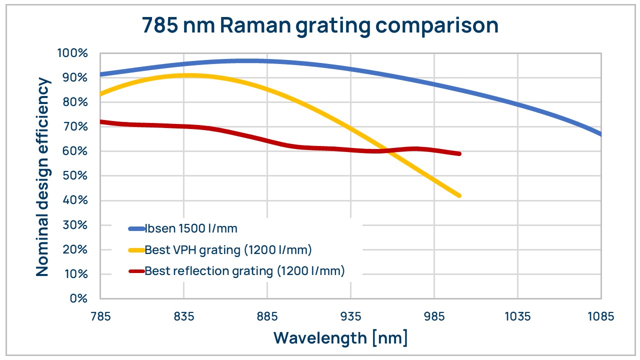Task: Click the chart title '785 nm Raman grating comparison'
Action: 320,25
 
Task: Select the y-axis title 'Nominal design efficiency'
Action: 43,176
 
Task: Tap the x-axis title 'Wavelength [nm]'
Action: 340,337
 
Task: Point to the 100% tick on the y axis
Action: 73,53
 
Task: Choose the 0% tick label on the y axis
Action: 78,298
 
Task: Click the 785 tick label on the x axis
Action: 100,316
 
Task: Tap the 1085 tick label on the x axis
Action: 600,316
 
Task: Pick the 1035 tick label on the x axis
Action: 517,316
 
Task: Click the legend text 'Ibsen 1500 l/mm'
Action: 190,229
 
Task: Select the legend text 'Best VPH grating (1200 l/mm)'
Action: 228,250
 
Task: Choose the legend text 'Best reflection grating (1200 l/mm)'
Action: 244,271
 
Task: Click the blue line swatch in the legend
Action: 136,229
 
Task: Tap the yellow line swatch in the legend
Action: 136,250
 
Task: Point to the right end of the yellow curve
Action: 459,195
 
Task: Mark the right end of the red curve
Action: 459,153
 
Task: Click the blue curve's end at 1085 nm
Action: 600,134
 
